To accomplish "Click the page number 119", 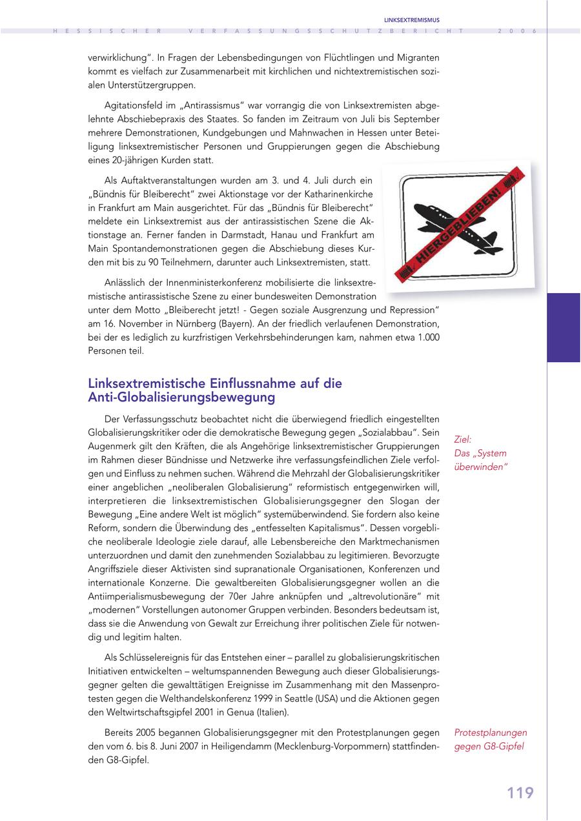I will [x=520, y=793].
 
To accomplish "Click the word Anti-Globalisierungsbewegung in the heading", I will [x=182, y=397].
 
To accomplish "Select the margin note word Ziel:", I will [x=463, y=439].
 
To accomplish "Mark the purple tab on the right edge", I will [x=563, y=327].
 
